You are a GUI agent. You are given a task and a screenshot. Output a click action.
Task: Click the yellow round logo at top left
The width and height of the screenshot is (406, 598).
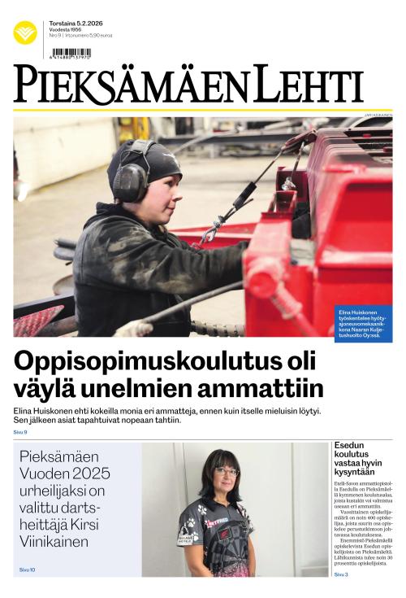(x=25, y=33)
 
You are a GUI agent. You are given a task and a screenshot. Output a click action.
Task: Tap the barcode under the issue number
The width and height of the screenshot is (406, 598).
(x=71, y=54)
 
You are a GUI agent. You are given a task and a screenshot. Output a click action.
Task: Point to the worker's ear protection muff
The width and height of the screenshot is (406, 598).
(x=128, y=181)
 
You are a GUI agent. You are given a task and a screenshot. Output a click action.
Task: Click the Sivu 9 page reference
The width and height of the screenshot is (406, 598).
(x=20, y=432)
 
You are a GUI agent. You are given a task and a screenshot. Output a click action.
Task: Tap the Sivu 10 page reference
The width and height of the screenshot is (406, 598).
(x=27, y=570)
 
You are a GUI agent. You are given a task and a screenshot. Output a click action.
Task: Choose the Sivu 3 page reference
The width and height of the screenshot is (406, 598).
(x=341, y=574)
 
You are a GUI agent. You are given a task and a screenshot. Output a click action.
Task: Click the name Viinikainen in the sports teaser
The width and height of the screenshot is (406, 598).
(x=55, y=542)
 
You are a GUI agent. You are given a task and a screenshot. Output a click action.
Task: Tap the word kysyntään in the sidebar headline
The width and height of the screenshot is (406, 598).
(x=354, y=472)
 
